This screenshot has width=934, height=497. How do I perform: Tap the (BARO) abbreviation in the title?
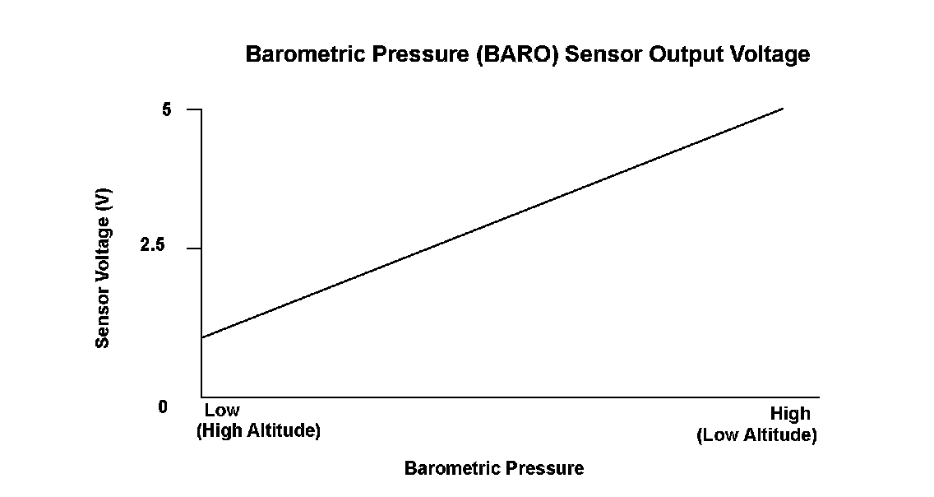point(518,54)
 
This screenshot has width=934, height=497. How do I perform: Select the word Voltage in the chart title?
point(770,55)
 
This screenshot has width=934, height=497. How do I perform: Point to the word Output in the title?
point(687,55)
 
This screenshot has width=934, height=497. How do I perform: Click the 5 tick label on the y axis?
point(166,109)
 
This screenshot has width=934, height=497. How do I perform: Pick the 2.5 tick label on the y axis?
point(152,245)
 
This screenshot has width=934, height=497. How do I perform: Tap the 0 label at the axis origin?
point(163,407)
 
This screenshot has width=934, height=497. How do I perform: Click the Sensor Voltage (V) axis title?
point(103,267)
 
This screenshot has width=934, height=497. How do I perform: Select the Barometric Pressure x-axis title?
point(494,468)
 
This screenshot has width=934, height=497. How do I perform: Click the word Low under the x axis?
point(222,410)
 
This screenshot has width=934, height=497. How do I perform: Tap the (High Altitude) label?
point(258,430)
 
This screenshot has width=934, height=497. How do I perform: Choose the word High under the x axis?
point(790,414)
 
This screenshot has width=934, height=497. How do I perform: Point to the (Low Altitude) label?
point(757,435)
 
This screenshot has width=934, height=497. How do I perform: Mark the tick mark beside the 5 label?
point(194,109)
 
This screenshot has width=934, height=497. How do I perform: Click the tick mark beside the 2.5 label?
point(194,248)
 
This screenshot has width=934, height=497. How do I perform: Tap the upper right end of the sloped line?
point(784,109)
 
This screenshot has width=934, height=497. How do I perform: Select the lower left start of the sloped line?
point(202,338)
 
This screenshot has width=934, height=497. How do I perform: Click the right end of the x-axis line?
point(820,397)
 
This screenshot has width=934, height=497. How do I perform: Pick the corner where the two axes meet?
point(201,397)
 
